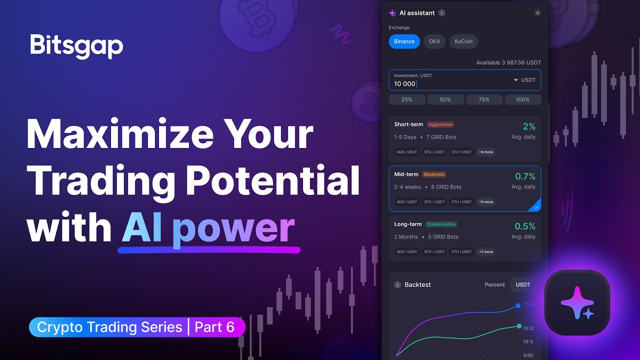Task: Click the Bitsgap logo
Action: (76, 46)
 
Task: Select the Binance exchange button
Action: (404, 41)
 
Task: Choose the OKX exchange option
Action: (434, 41)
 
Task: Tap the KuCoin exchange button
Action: (463, 41)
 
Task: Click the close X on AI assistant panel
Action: (537, 13)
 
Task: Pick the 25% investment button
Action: (407, 99)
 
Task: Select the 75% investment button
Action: (484, 99)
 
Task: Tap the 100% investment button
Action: (522, 99)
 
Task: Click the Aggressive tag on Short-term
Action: (440, 124)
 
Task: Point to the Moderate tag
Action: (434, 174)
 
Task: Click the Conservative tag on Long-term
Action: (441, 224)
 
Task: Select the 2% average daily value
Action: (529, 126)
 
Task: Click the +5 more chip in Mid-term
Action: (485, 202)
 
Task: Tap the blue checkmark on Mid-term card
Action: (536, 206)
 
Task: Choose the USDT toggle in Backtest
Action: (522, 284)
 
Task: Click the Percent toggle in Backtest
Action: (494, 284)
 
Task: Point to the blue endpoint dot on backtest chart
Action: (518, 305)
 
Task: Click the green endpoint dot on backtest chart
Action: (519, 326)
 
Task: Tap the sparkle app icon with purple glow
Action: (577, 303)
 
